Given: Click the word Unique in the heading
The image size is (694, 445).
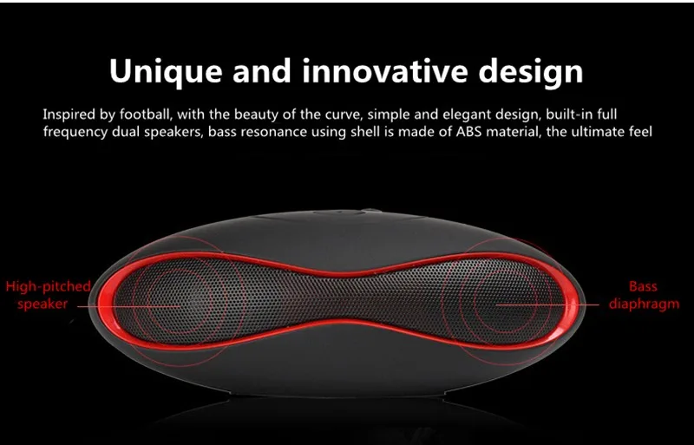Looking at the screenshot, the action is [165, 72].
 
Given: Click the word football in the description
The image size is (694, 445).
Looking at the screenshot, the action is [145, 115].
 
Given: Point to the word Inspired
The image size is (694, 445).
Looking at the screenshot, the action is [69, 115].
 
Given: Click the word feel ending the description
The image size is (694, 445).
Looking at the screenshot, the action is [640, 132].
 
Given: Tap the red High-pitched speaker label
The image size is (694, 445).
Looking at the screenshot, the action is [48, 295].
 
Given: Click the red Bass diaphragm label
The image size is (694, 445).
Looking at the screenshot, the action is [644, 295].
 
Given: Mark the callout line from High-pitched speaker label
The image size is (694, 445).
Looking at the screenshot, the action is [128, 306].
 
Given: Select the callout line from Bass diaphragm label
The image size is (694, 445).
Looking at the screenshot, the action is [547, 304].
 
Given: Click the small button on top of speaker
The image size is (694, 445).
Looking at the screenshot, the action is [371, 210].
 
